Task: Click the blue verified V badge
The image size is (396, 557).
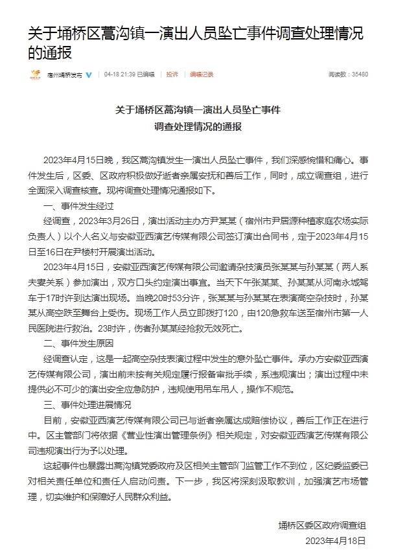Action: click(89, 74)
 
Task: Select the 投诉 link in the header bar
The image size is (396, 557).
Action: click(172, 74)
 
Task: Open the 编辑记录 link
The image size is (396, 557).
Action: click(202, 74)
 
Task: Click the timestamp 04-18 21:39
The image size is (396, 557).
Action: click(119, 74)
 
